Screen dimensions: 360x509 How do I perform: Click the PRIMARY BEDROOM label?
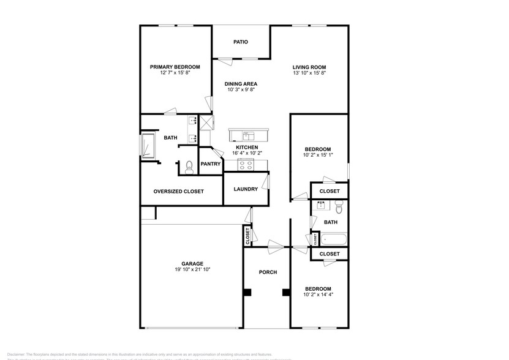(x=175, y=67)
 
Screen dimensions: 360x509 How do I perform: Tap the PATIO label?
(x=241, y=42)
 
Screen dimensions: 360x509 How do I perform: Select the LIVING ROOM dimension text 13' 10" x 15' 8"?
(x=309, y=73)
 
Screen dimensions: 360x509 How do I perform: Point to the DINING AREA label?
(x=241, y=84)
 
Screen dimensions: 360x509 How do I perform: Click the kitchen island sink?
(x=249, y=135)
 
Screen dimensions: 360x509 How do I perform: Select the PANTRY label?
(x=211, y=164)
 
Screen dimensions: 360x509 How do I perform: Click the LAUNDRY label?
(x=246, y=189)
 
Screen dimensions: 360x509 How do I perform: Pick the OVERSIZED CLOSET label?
(x=178, y=192)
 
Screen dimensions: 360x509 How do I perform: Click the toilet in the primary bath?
(x=189, y=165)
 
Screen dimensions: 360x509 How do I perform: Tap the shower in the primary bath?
(x=149, y=147)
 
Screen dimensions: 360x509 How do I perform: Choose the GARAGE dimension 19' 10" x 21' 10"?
(x=192, y=269)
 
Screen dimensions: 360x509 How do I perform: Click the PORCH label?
(x=268, y=272)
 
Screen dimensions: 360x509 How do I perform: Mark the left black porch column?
(x=247, y=293)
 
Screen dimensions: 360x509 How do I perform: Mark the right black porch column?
(x=285, y=293)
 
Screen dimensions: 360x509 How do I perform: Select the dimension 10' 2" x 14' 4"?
(x=319, y=294)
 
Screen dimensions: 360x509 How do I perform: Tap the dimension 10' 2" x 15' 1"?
(x=318, y=156)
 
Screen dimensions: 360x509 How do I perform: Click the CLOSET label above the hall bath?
(x=330, y=192)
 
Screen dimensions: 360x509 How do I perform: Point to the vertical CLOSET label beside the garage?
(x=247, y=236)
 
